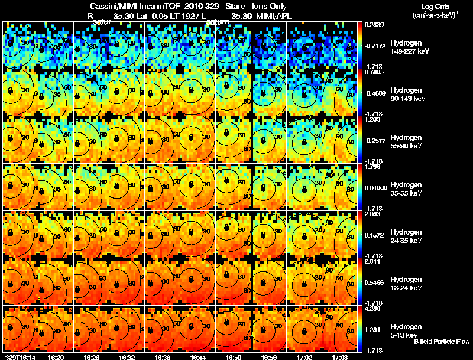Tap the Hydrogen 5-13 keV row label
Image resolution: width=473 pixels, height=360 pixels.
tap(406, 331)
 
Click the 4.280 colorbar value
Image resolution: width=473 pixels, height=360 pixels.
tap(372, 308)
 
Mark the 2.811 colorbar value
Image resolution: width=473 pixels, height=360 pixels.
tap(372, 261)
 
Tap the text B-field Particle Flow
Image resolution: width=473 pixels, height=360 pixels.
tap(441, 342)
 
